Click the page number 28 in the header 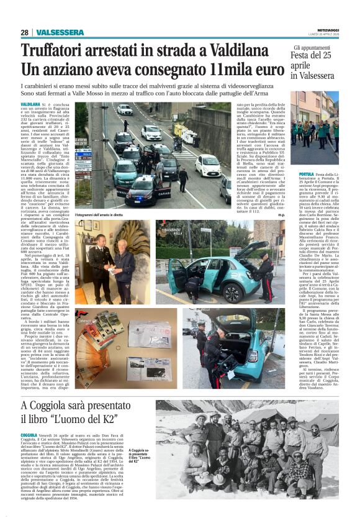(25, 32)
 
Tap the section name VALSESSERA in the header (60, 32)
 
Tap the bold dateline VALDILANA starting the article (31, 104)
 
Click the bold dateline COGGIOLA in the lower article (29, 436)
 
